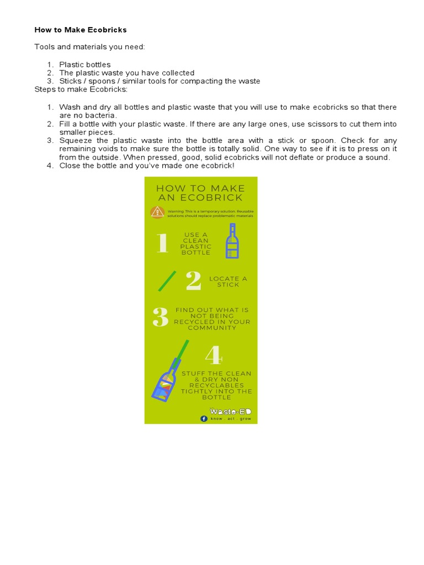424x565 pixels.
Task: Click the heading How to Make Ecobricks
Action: click(x=81, y=30)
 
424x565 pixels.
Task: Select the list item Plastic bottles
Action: click(x=85, y=65)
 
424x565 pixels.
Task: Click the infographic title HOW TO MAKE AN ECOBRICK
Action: click(x=200, y=193)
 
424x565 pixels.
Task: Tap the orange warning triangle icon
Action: click(x=157, y=212)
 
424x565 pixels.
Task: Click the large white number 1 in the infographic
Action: click(x=161, y=243)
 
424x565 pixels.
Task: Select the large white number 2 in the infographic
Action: click(x=193, y=281)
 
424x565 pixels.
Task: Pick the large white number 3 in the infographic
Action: click(x=160, y=317)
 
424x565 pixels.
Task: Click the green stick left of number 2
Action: click(x=167, y=281)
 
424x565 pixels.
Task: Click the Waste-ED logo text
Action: click(x=231, y=411)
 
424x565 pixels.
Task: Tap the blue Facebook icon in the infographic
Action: click(x=204, y=419)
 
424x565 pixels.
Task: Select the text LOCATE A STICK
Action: click(x=228, y=281)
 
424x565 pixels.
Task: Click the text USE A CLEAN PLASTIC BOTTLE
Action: click(x=196, y=243)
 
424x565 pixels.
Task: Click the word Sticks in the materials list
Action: click(x=71, y=81)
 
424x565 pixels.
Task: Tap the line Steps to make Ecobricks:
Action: click(x=81, y=89)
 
